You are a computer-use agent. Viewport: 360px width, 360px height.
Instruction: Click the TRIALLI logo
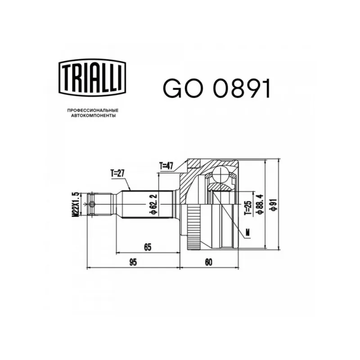click(x=92, y=77)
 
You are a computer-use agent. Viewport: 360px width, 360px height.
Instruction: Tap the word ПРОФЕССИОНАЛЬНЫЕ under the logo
click(x=93, y=111)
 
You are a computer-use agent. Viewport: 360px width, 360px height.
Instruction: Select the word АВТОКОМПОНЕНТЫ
click(x=93, y=116)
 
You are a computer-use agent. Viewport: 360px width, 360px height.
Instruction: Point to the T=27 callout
click(x=117, y=174)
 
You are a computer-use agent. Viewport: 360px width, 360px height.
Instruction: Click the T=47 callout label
click(x=166, y=166)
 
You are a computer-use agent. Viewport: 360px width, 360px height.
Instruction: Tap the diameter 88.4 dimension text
click(x=261, y=204)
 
